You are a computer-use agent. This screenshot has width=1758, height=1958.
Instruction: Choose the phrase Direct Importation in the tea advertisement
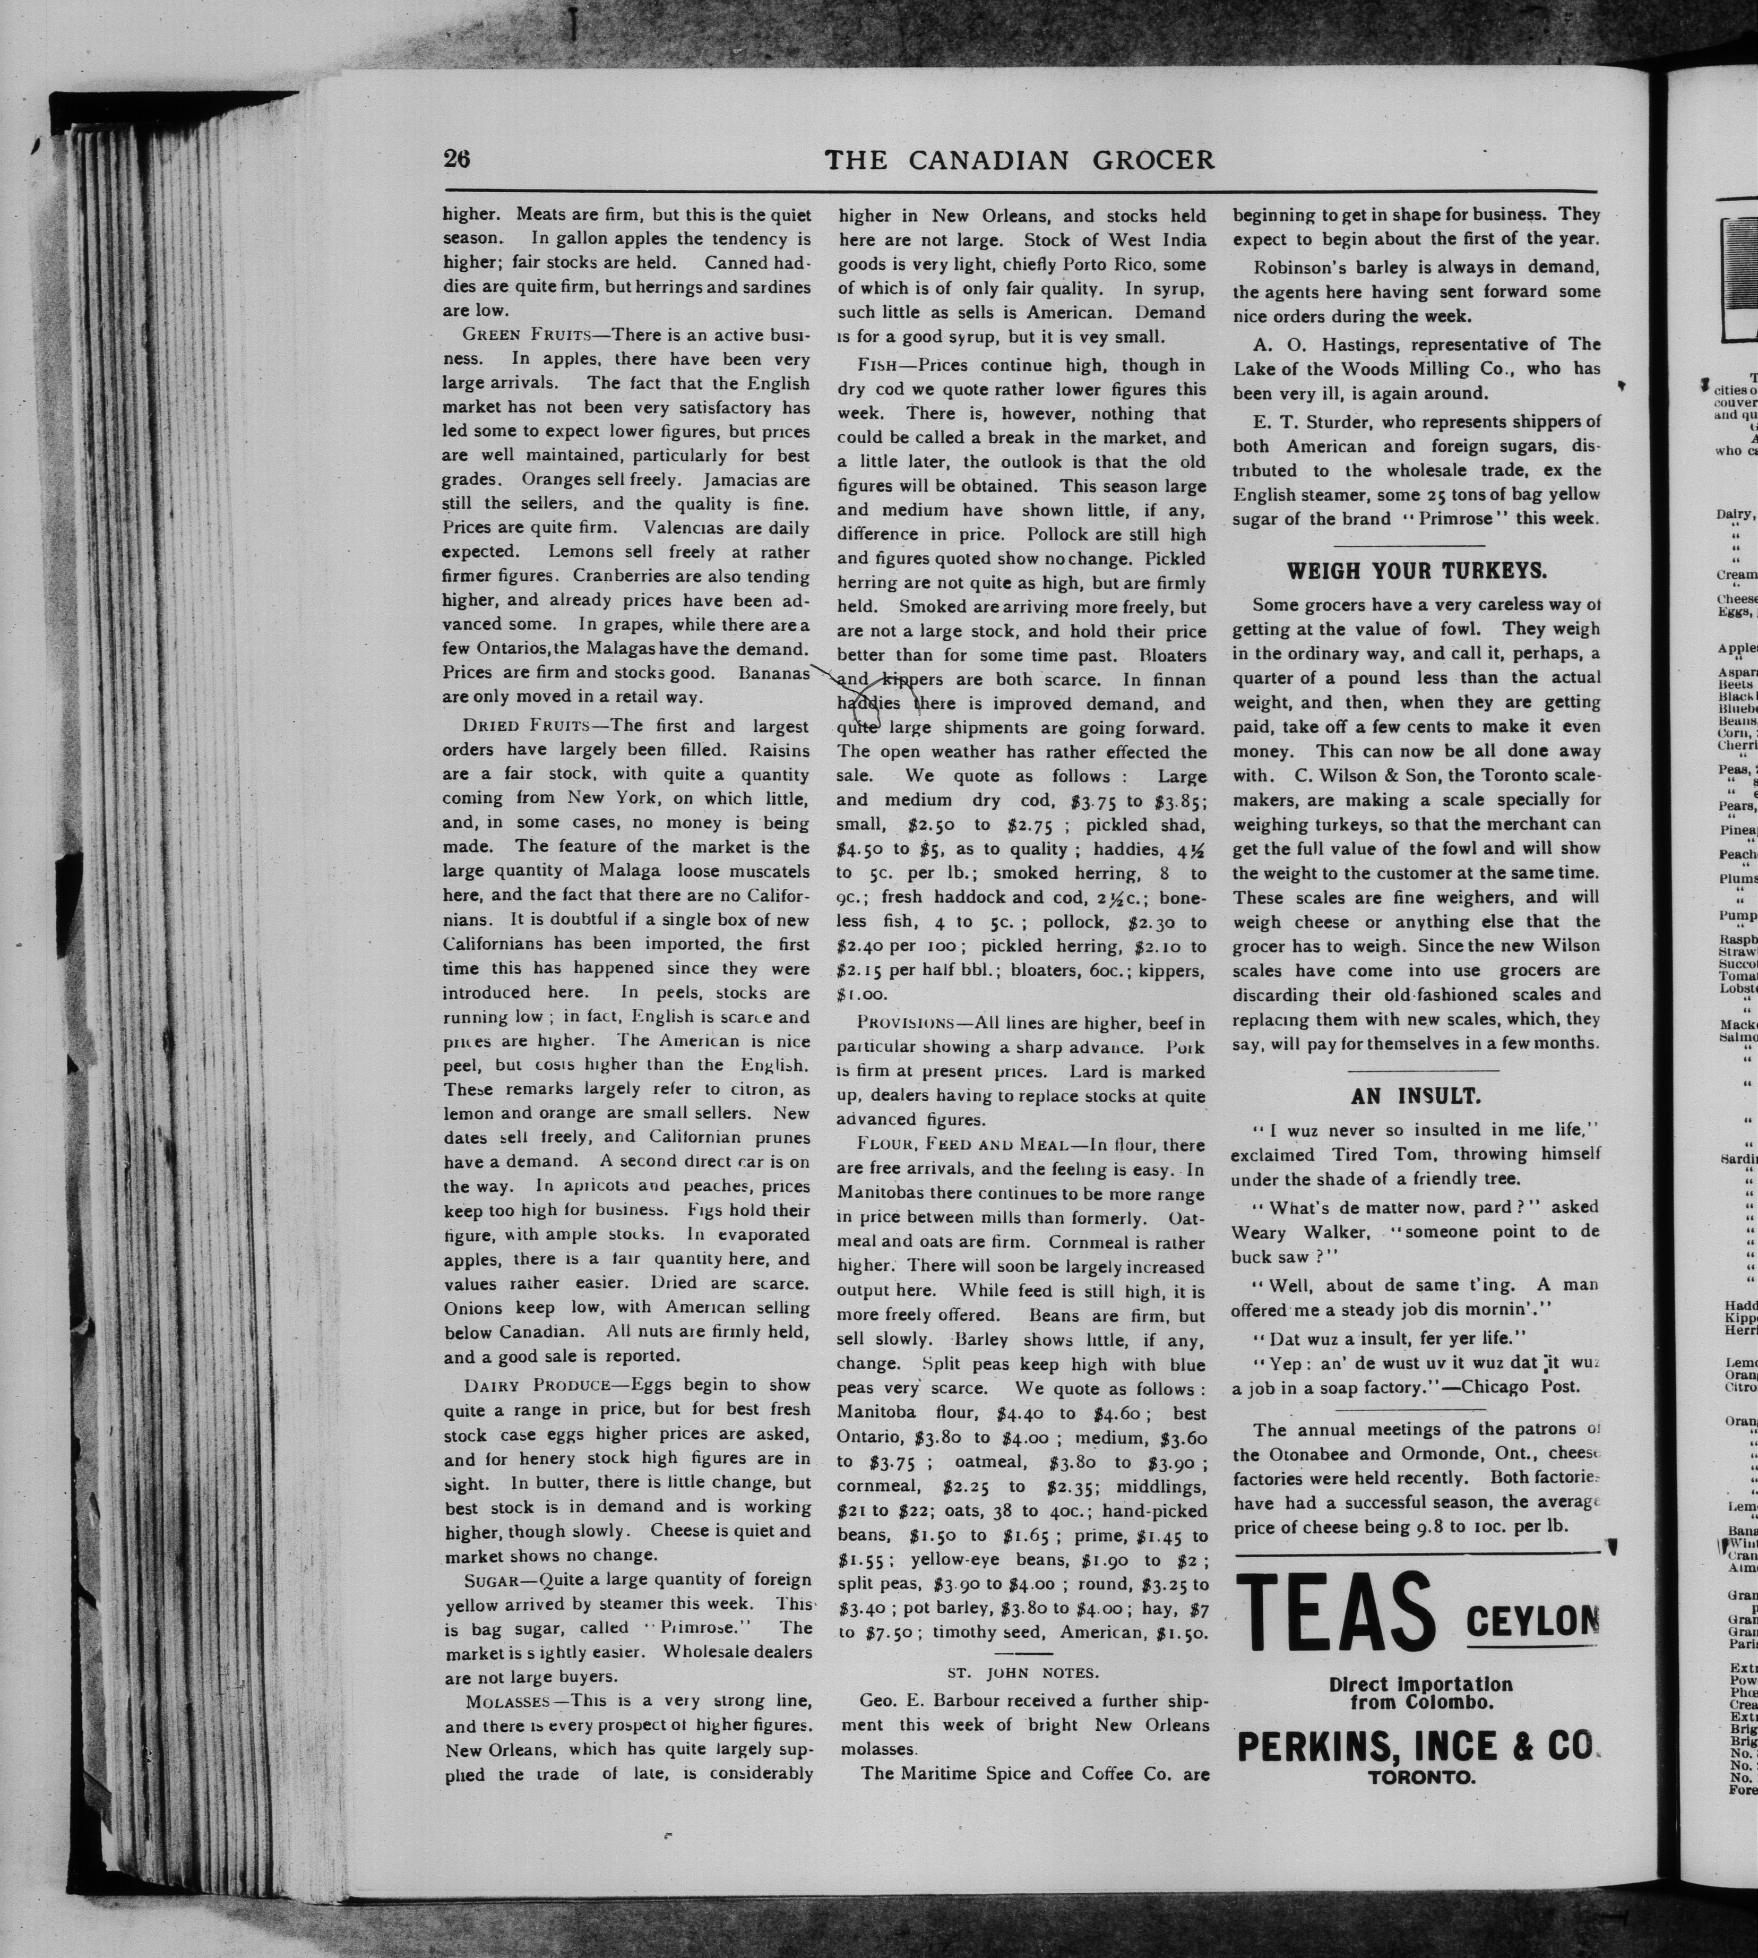click(x=1420, y=1684)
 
